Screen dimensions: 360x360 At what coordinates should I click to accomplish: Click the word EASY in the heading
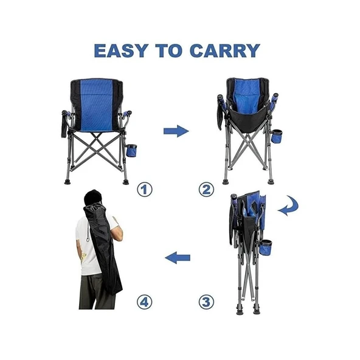pos(121,50)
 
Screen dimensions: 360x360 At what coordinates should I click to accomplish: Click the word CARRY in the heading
pos(225,50)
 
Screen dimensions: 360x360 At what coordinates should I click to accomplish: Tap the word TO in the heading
pos(169,50)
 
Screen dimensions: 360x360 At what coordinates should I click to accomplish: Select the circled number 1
pos(145,190)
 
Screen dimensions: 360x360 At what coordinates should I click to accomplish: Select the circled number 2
pos(206,190)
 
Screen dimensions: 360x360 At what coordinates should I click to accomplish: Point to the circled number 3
pos(206,302)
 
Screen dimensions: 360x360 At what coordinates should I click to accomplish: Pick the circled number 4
pos(145,302)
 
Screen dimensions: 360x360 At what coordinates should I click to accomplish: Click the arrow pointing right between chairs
pos(176,131)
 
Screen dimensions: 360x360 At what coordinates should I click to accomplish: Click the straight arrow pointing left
pos(178,258)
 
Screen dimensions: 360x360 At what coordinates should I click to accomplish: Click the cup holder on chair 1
pos(131,150)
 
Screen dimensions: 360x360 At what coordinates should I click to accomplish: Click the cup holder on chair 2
pos(277,136)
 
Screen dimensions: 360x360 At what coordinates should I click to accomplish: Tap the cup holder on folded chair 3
pos(266,247)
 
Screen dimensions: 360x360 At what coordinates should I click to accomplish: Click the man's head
pos(93,198)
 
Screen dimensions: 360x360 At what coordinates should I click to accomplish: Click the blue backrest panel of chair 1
pos(97,106)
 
